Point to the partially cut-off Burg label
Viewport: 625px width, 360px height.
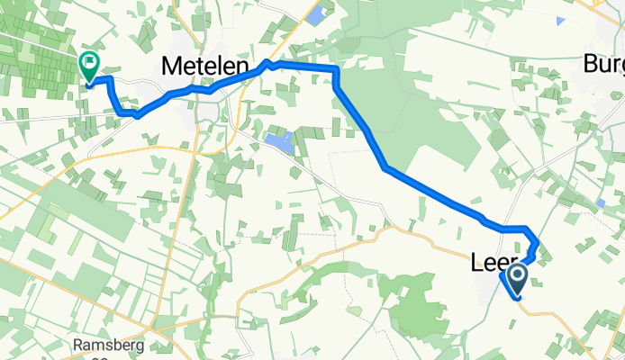click(x=603, y=64)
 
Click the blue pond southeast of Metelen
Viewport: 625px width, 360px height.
click(x=279, y=141)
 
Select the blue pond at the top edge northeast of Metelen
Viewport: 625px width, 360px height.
click(x=316, y=14)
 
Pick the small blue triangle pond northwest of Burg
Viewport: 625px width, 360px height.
click(x=562, y=19)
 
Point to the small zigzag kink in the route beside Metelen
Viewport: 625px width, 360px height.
click(x=267, y=65)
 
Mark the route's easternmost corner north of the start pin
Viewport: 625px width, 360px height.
click(x=538, y=245)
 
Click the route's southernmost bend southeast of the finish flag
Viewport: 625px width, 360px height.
click(x=137, y=115)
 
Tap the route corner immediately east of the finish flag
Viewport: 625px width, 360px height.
click(x=111, y=80)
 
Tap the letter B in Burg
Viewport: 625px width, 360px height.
click(x=591, y=64)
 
